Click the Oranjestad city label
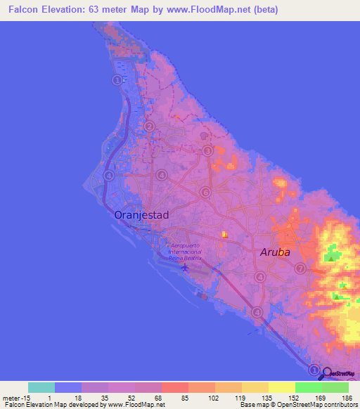click(141, 215)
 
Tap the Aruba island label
click(275, 252)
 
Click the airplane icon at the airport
click(185, 268)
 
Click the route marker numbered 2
click(149, 126)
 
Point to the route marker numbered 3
click(207, 150)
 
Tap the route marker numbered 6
click(205, 192)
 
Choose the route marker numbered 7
click(300, 268)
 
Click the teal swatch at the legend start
click(41, 387)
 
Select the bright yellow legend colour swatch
click(281, 387)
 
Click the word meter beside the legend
click(11, 398)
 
